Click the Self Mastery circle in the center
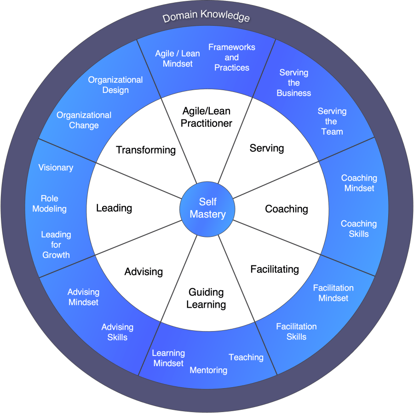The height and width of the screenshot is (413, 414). tap(207, 208)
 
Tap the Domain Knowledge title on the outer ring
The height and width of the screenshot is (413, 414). tap(206, 17)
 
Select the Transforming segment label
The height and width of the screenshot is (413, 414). tap(146, 150)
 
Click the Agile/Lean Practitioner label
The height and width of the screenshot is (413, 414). tap(207, 117)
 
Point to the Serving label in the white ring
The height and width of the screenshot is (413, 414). tap(267, 148)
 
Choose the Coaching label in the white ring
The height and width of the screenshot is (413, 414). tap(287, 209)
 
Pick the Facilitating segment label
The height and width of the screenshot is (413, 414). tap(275, 269)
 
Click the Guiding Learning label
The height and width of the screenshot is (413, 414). tap(206, 298)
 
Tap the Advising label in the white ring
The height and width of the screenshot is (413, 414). tap(144, 272)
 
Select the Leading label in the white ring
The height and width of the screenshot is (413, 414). tap(114, 208)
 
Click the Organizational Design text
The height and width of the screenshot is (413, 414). tap(115, 85)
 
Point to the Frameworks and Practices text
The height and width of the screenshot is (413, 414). tap(232, 57)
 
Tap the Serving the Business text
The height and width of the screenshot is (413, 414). tap(294, 83)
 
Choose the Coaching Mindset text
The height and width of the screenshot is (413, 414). tap(359, 183)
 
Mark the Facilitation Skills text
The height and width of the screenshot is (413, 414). tap(296, 332)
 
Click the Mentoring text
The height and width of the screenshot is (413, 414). tap(208, 370)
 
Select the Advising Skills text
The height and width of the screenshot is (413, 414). tap(117, 332)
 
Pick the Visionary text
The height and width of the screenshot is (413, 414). tap(56, 168)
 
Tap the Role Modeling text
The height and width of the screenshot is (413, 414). tap(49, 204)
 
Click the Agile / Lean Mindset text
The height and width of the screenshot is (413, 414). tap(178, 58)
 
